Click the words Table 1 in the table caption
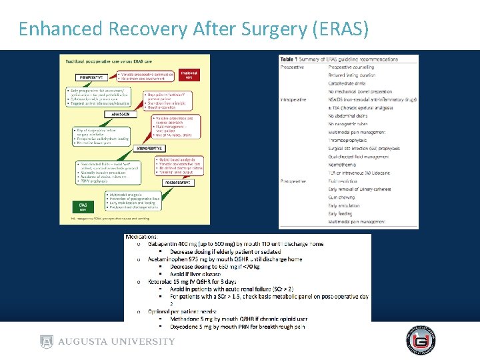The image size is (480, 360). [291, 59]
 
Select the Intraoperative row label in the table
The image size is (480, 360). [293, 99]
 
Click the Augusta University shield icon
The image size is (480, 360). [46, 341]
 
